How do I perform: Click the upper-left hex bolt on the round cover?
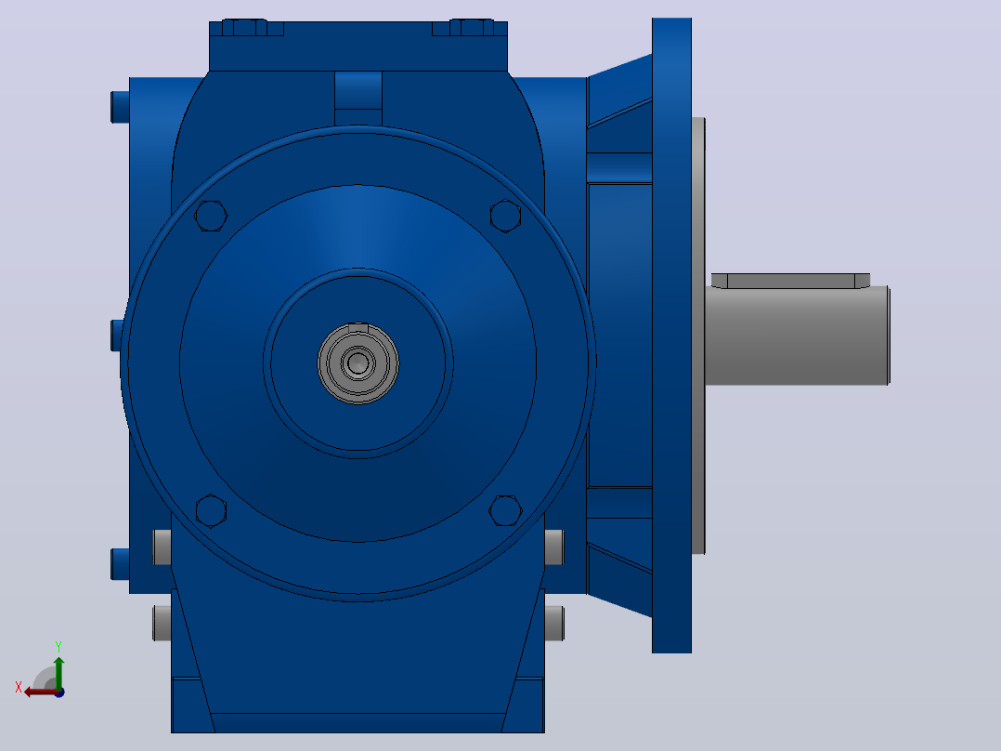(211, 216)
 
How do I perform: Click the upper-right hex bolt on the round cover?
(505, 216)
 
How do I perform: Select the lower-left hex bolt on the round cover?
(211, 510)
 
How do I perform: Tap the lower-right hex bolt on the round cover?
(505, 510)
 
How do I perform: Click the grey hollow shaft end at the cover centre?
(358, 363)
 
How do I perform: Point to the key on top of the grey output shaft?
(790, 281)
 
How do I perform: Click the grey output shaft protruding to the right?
(798, 336)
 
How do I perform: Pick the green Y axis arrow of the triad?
(58, 672)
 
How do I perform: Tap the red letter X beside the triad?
(19, 687)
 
